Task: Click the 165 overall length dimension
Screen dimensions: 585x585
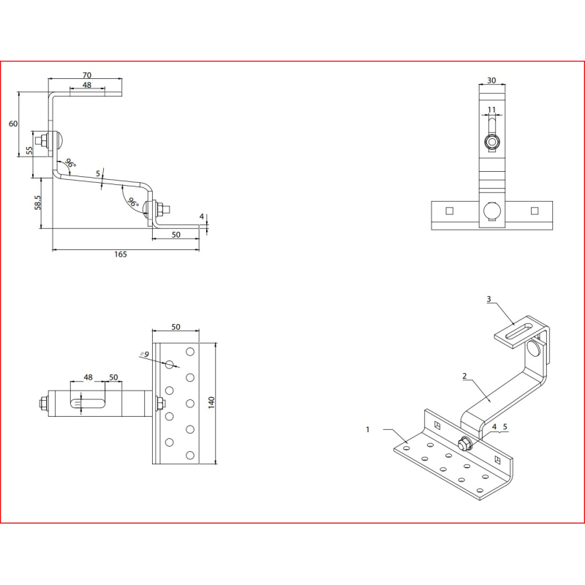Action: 121,254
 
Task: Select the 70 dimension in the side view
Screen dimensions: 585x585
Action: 86,75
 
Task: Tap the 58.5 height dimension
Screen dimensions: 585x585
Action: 38,203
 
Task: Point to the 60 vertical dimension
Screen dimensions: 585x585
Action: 13,124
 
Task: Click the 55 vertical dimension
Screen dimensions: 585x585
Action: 29,151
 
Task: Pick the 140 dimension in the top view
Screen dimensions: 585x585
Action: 211,403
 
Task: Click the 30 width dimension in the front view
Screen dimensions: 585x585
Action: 491,80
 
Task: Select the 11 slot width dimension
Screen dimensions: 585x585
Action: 491,110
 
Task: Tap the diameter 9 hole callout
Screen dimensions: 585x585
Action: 145,354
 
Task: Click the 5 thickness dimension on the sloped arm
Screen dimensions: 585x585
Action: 98,173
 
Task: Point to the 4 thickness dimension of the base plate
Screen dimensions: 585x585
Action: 202,216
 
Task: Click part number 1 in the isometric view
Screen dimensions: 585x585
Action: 368,429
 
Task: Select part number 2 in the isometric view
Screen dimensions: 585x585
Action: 464,376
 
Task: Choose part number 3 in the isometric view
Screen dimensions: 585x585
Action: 488,299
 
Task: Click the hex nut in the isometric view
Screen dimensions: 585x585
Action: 464,443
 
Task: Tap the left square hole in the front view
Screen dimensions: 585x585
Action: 450,211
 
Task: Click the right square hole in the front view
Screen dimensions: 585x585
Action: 535,211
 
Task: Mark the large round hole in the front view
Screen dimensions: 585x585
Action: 492,211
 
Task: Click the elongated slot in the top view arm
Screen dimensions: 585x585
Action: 88,404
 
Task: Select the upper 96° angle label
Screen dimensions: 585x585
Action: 70,163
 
